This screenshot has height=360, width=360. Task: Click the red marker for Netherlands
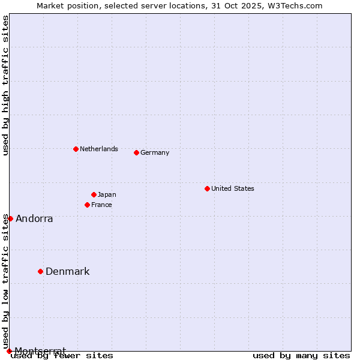tap(76, 149)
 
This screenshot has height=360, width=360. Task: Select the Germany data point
tap(136, 152)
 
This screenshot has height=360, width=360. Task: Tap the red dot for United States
tap(207, 188)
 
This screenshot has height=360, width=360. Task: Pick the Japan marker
tap(94, 194)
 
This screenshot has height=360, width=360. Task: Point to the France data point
tap(87, 205)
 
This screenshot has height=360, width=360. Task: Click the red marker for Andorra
tap(10, 218)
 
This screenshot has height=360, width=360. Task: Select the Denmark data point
tap(40, 271)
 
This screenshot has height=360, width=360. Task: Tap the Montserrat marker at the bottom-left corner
tap(9, 350)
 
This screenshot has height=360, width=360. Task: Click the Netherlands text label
tap(99, 149)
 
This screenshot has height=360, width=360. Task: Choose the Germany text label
tap(155, 152)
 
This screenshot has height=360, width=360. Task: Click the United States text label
tap(233, 188)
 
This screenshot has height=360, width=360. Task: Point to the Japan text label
tap(107, 194)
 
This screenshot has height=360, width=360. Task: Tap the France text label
tap(101, 205)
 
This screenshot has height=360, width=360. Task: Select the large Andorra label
tap(34, 218)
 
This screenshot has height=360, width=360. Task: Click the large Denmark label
tap(68, 271)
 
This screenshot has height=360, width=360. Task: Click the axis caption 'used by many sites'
tap(301, 355)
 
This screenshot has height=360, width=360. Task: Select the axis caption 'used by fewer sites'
tap(62, 355)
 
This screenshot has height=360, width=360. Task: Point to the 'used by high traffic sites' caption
tap(5, 85)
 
